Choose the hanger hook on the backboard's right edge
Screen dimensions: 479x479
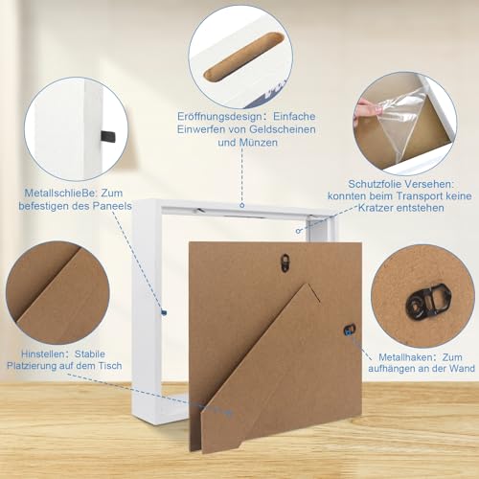(x=349, y=330)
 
